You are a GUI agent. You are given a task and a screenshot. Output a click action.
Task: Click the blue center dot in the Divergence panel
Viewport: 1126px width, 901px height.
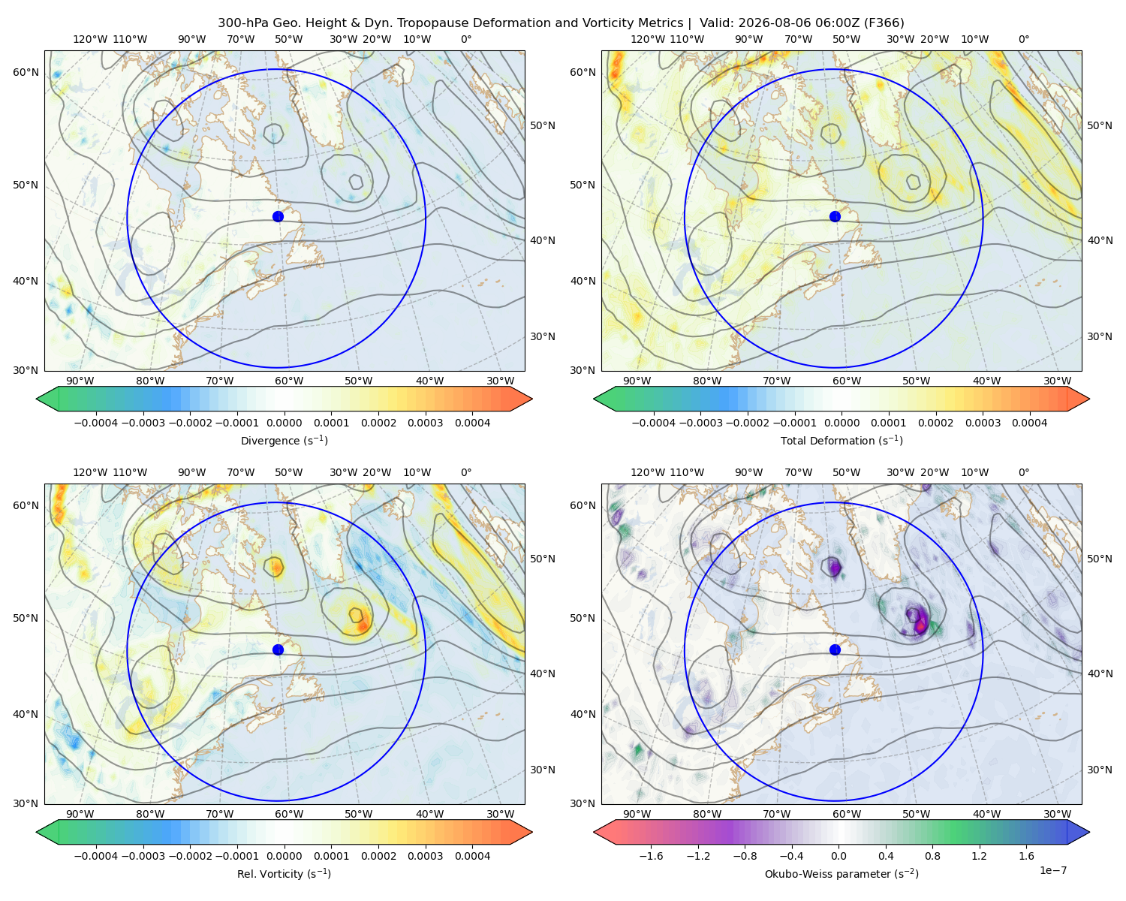coord(278,216)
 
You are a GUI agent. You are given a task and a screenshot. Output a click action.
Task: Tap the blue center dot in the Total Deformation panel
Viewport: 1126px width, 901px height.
coord(835,216)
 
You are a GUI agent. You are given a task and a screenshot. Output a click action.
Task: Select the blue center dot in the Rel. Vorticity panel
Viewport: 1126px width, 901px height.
coord(278,649)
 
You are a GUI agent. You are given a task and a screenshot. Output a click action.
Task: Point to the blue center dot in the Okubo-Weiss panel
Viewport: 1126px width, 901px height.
coord(835,649)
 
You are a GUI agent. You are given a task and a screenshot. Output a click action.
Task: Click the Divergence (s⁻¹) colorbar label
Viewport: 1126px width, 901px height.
coord(284,440)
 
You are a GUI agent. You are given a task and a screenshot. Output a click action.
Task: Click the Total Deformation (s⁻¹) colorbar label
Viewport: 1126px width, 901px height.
coord(841,440)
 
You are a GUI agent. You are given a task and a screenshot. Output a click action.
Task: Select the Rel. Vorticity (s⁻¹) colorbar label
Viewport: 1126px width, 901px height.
coord(284,873)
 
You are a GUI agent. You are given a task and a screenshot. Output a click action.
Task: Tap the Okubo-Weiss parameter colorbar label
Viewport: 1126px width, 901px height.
coord(841,873)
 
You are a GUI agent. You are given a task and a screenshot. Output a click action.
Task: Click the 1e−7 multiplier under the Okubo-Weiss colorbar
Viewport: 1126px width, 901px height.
coord(1052,870)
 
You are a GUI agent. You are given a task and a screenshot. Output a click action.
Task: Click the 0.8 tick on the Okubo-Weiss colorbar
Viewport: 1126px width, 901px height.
coord(932,855)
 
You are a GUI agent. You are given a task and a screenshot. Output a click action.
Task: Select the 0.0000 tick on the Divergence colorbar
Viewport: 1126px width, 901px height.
coord(284,423)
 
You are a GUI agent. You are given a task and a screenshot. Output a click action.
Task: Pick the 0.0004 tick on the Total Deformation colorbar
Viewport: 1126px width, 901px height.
coord(1029,423)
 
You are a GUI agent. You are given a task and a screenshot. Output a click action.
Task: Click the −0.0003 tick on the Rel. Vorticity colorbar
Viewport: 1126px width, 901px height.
coord(143,855)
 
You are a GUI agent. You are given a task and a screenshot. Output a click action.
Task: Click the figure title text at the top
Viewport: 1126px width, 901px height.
coord(561,23)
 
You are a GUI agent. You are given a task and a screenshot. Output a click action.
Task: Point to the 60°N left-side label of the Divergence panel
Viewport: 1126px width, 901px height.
coord(26,72)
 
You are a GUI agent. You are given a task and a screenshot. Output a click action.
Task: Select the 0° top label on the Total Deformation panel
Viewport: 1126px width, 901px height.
coord(1023,39)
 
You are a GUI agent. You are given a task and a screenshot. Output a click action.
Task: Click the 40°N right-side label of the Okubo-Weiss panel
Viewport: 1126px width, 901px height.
coord(1100,673)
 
